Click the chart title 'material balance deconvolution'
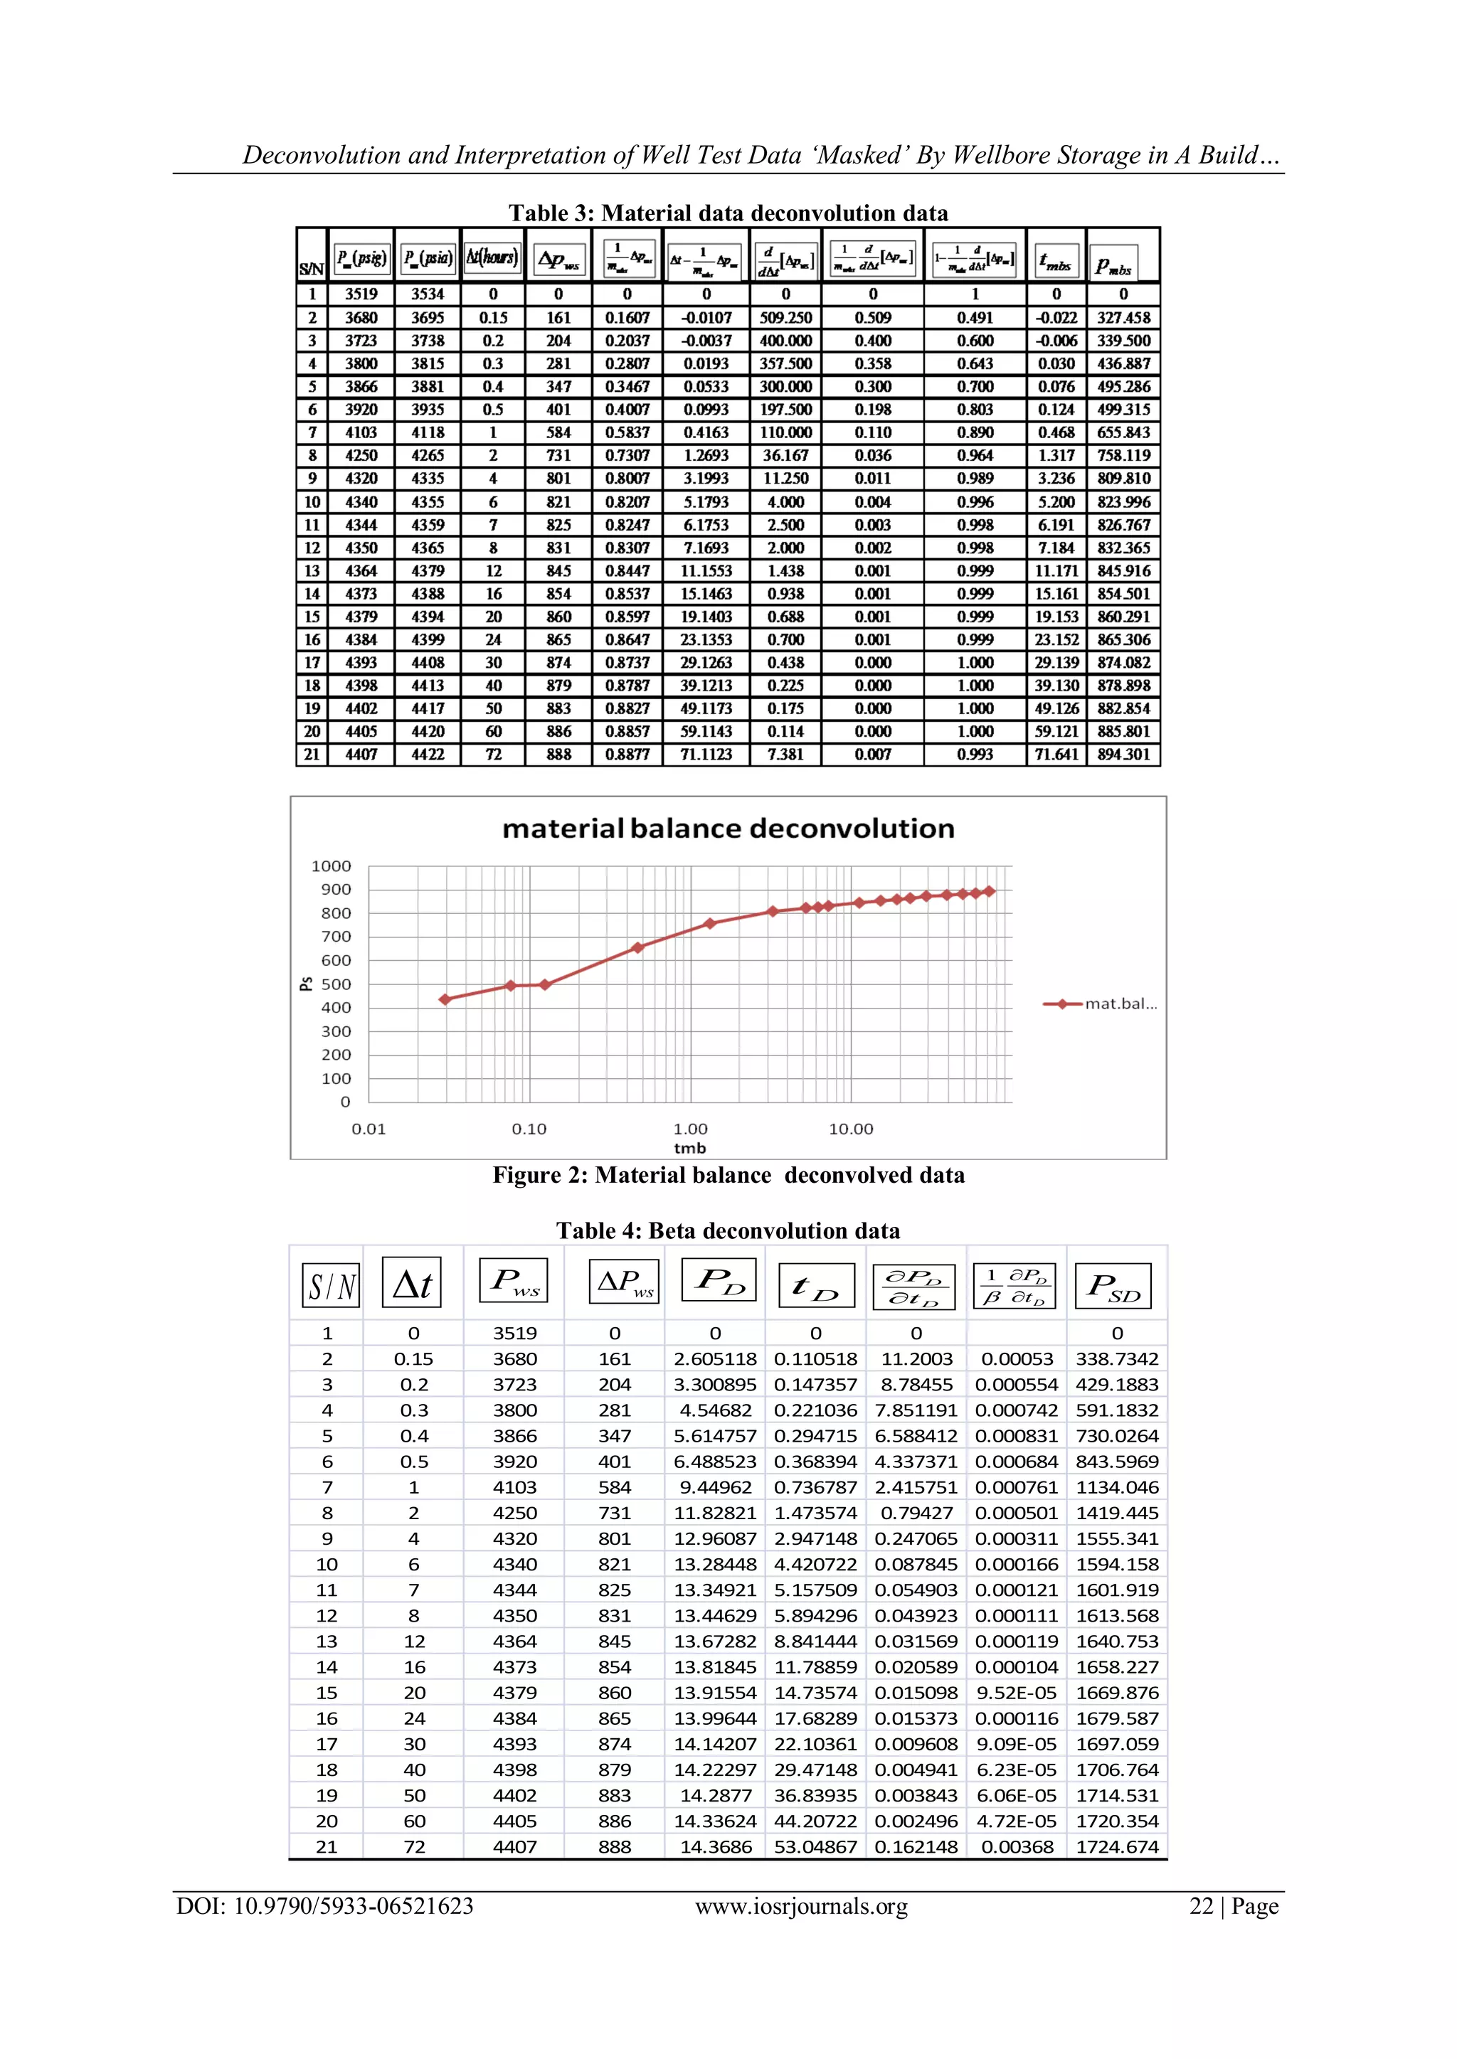click(728, 829)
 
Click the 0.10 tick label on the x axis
click(529, 1129)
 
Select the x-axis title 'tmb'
click(689, 1149)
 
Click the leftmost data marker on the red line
click(445, 999)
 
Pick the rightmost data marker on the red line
click(990, 891)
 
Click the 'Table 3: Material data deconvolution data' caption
click(728, 213)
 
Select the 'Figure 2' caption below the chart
click(728, 1176)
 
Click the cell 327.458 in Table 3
click(1123, 317)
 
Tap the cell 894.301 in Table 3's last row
click(1123, 754)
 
